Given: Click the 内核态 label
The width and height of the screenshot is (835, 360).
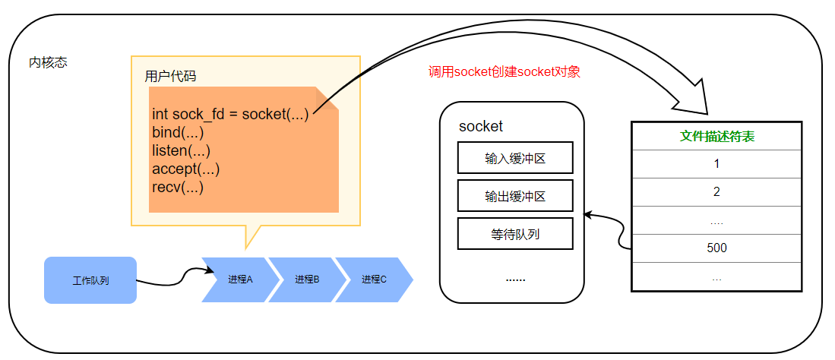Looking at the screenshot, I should click(48, 62).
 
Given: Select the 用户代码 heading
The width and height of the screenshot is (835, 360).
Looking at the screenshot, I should click(170, 77).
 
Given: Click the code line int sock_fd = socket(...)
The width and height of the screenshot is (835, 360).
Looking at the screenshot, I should click(230, 115).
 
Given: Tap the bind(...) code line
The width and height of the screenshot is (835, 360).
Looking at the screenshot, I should click(177, 133).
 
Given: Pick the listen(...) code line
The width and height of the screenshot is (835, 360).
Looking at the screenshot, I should click(181, 151).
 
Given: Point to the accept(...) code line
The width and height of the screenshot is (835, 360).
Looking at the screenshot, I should click(185, 169).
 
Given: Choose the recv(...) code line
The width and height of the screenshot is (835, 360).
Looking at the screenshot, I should click(178, 187).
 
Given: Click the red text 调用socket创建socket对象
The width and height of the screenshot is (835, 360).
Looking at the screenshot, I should click(504, 72).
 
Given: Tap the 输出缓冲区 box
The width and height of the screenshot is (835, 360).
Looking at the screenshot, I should click(515, 196).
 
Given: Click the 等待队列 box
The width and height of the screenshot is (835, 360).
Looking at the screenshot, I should click(515, 234).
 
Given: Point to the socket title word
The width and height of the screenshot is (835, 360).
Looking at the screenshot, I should click(481, 126).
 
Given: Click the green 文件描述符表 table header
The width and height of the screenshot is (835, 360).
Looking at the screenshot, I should click(716, 137).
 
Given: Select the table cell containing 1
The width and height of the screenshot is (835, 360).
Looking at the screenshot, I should click(716, 164).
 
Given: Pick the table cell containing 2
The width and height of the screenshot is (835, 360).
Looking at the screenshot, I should click(716, 192).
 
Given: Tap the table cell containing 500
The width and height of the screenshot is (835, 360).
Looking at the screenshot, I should click(716, 248).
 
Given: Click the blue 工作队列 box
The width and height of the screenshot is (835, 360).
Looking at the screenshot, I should click(90, 280).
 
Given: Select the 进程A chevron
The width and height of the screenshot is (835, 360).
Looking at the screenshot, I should click(239, 279).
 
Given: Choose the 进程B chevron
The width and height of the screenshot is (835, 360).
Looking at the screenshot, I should click(305, 279).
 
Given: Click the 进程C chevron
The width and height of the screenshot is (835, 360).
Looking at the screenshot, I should click(373, 279).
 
